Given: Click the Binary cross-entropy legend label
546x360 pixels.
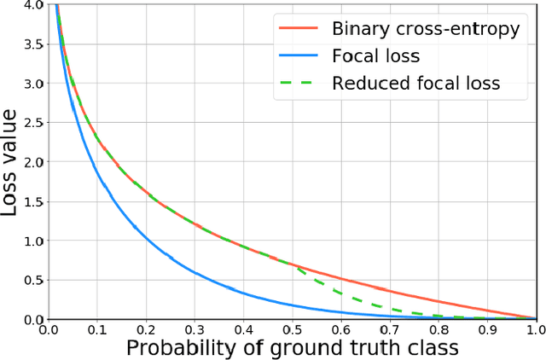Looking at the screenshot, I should pos(425,28).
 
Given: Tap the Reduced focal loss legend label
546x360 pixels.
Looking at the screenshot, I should pos(415,83).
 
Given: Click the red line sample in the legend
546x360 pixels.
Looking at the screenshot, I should pos(299,29).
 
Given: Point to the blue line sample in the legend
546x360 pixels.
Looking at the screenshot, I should pos(299,56).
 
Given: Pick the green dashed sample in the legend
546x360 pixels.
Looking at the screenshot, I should pos(299,84).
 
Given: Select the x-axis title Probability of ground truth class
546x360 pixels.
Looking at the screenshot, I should pos(292,346).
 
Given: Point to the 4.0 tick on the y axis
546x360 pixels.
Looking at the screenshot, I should pos(34,5).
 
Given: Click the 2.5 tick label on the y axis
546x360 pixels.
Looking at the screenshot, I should pos(34,123).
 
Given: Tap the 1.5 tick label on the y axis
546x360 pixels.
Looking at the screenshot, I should pos(34,201).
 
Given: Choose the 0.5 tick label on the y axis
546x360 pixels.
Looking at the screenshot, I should pos(34,281).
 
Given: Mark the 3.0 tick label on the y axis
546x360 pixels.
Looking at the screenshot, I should pos(34,84).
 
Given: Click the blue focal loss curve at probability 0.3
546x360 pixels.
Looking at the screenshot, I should pos(195,273).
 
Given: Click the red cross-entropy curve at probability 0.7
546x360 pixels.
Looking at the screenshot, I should pos(389,292).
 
